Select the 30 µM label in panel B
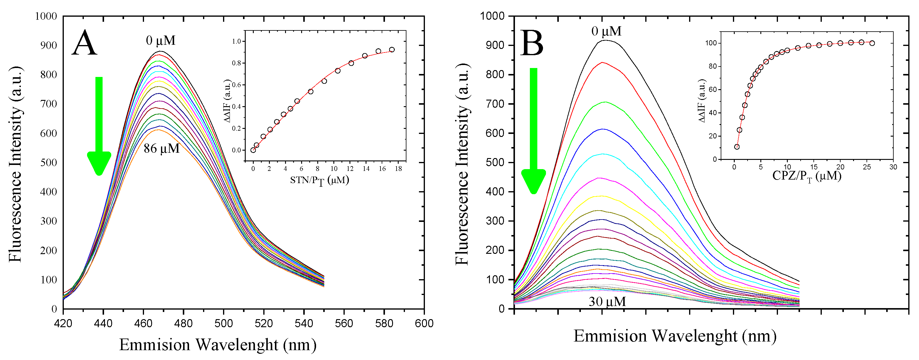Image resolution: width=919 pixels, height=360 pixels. coord(607,302)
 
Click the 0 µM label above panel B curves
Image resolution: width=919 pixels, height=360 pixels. coord(606,31)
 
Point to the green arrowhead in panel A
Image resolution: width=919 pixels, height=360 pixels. coord(99,162)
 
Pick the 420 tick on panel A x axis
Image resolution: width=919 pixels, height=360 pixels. coord(63,323)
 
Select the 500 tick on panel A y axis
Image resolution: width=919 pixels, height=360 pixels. coord(49,162)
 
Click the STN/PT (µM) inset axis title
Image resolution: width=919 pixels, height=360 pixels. coord(319,180)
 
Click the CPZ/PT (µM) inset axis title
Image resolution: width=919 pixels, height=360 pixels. coord(807,176)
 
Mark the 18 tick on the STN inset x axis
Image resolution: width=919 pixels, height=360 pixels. coord(398,169)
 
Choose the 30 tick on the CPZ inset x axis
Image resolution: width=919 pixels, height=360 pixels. coord(893,167)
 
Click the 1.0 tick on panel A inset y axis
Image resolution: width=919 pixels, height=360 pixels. coord(236,41)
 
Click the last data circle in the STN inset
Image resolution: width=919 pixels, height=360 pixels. coord(392,50)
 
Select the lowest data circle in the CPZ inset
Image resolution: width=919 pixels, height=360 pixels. coord(737,147)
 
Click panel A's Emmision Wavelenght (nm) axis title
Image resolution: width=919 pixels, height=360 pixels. coord(218,345)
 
